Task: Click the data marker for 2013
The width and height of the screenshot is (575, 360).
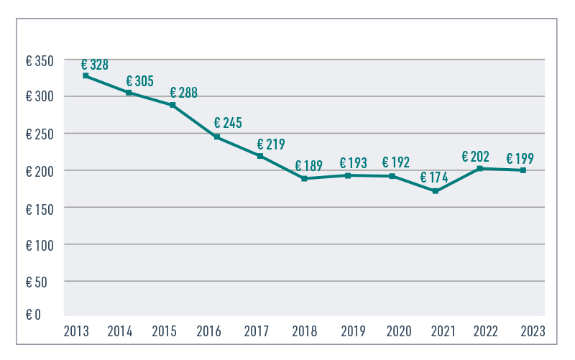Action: pos(86,75)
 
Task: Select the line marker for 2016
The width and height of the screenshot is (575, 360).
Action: pos(217,137)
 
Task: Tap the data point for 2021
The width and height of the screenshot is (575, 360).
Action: pos(436,190)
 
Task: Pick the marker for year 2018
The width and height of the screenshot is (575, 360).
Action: pos(304,178)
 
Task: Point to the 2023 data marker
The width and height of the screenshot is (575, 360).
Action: pos(523,170)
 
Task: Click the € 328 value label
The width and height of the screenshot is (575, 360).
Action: pos(95,65)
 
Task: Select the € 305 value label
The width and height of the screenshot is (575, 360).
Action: pos(139,81)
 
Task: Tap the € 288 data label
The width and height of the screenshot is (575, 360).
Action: pos(183,93)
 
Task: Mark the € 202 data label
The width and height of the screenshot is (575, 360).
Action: pos(475,156)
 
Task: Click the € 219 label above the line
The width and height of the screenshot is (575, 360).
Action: pos(270,144)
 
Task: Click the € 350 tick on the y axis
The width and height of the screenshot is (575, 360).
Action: pos(40,60)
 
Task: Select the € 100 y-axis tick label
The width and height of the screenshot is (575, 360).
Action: pos(40,244)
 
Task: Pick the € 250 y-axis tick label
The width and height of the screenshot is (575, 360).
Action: pos(40,134)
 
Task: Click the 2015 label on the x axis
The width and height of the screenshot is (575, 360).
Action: pos(165,331)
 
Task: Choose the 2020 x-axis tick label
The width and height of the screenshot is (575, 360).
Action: pos(399,331)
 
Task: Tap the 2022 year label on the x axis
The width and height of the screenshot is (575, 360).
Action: pos(487,331)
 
